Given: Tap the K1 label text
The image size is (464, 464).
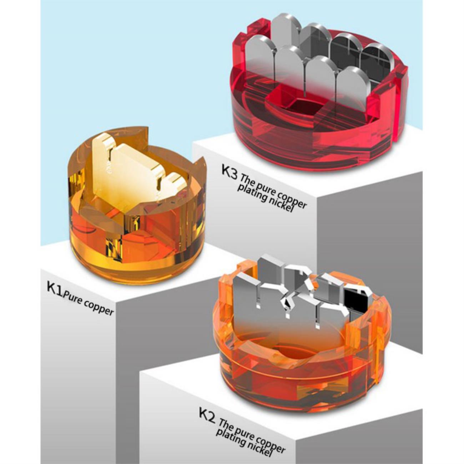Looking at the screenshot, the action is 55,289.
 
